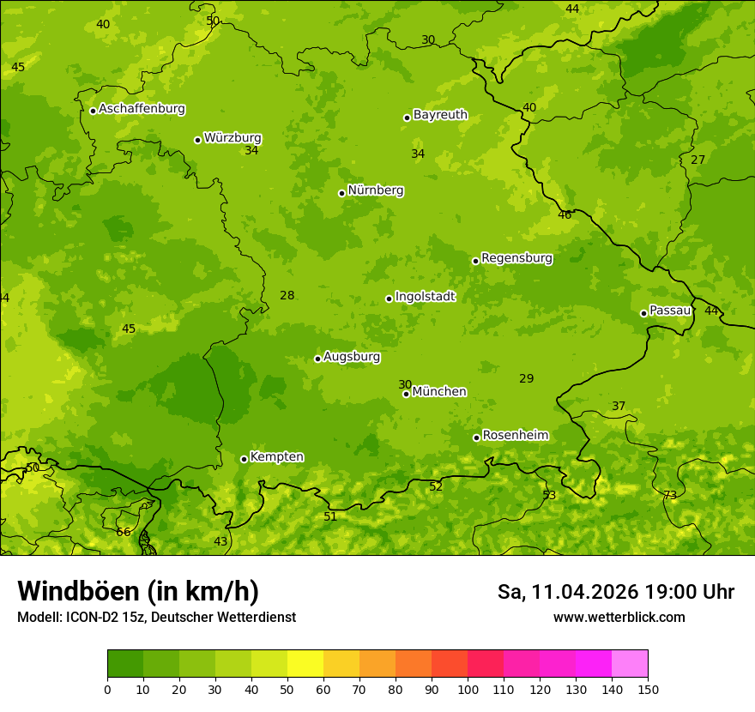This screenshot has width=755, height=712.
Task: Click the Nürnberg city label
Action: pos(375,190)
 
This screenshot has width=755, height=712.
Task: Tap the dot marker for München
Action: pos(406,394)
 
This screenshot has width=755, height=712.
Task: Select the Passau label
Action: pos(669,311)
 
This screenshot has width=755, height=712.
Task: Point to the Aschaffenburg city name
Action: pos(142,109)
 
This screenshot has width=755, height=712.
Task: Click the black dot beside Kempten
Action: pos(244,459)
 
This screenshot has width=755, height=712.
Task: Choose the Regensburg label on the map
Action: pos(516,258)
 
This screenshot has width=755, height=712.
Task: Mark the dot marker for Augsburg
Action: pos(317,359)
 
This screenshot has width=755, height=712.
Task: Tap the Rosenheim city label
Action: pos(515,436)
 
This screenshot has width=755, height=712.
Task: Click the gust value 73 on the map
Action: pos(670,495)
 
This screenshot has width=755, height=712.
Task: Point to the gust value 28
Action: pos(287,295)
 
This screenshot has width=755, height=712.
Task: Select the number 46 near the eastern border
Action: pos(565,215)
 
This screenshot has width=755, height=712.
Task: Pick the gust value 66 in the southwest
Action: pos(124,532)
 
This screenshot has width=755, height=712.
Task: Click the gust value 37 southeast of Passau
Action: pos(619,406)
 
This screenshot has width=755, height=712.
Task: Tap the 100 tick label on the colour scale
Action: pos(468,689)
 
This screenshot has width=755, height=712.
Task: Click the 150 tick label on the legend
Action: pos(648,689)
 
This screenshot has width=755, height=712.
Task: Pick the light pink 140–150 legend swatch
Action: pos(630,664)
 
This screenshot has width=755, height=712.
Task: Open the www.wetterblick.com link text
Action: pos(619,617)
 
